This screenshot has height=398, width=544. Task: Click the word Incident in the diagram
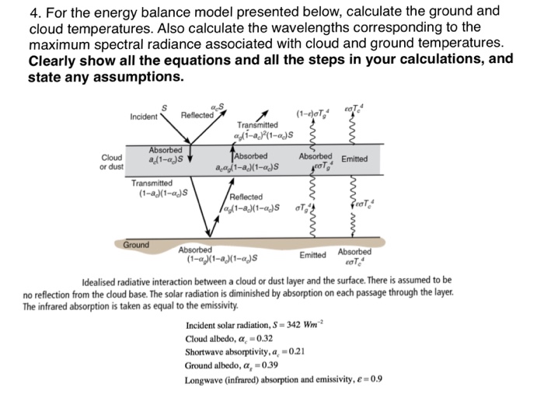pos(144,117)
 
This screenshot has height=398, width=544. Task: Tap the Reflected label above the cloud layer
pos(197,117)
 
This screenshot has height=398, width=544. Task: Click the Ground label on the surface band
pos(137,244)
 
